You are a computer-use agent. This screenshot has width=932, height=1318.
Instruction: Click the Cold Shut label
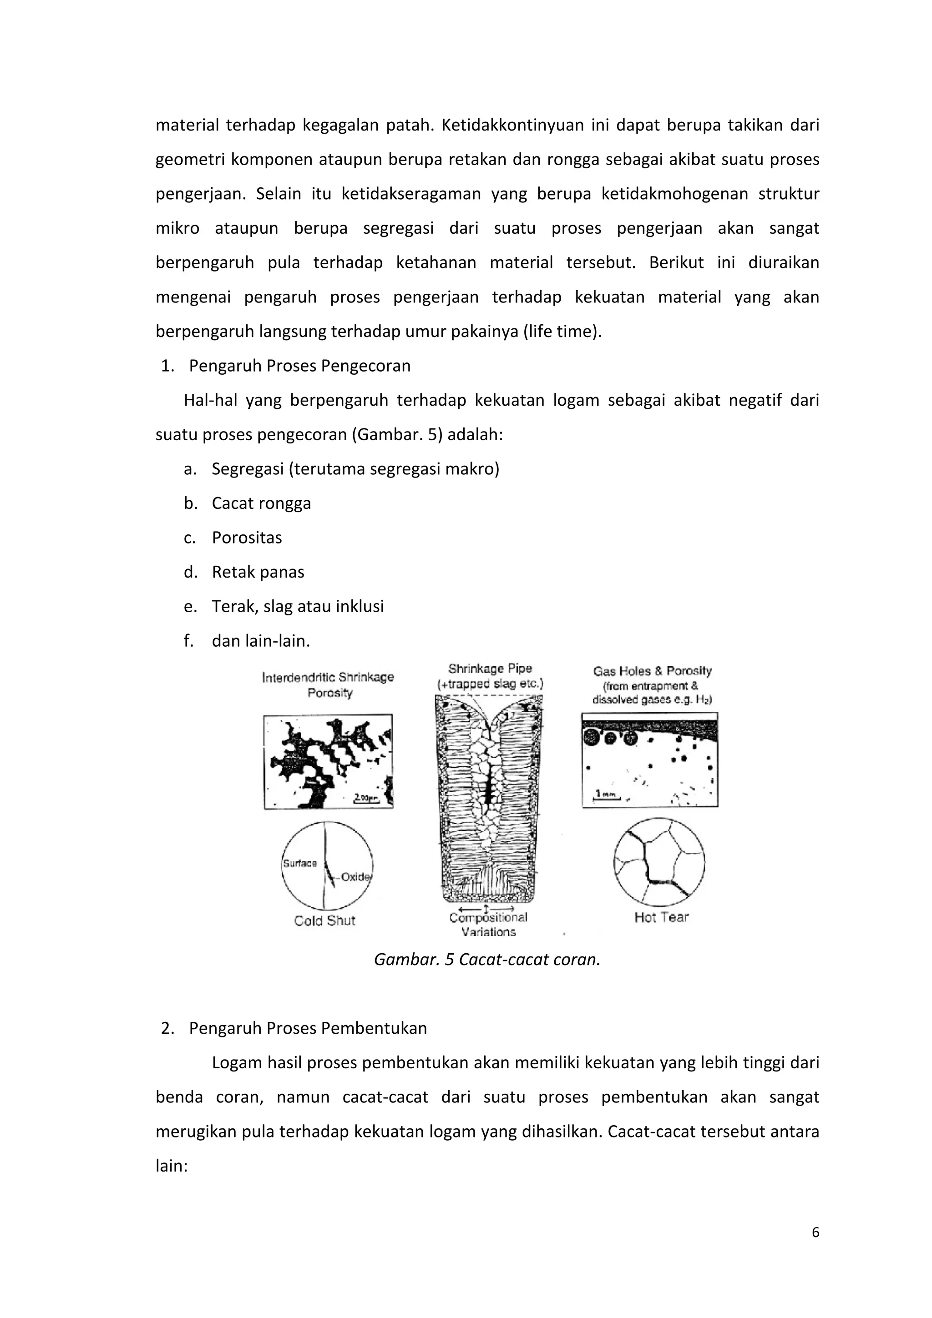(x=324, y=921)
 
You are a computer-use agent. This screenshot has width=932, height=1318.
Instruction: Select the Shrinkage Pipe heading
(x=490, y=669)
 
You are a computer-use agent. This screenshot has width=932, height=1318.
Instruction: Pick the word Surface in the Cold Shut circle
(x=300, y=863)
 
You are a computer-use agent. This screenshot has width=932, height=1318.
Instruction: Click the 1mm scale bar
(x=605, y=795)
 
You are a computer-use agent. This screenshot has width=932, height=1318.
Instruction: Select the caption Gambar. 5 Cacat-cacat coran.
(x=487, y=960)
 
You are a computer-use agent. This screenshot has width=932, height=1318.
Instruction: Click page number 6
(x=815, y=1232)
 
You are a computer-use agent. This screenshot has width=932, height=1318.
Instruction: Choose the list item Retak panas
(x=258, y=572)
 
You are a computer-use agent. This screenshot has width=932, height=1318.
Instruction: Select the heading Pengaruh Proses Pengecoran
(x=300, y=366)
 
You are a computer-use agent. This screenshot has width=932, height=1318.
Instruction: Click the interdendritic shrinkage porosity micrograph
(x=328, y=762)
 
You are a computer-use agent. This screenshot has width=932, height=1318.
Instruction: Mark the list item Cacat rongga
(x=261, y=503)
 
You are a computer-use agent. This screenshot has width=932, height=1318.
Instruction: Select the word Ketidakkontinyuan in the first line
(x=512, y=125)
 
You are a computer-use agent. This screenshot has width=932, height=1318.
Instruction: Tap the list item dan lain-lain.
(x=261, y=641)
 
